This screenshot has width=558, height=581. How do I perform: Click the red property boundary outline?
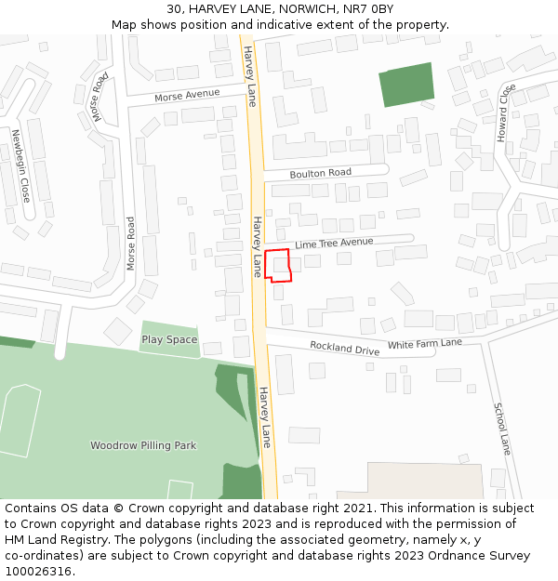[x=278, y=265]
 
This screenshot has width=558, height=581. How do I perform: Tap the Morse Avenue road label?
[x=188, y=95]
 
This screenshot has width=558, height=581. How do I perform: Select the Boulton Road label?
[x=320, y=173]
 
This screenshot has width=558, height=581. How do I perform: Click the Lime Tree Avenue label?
[x=334, y=244]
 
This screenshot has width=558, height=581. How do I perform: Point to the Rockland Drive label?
[x=344, y=349]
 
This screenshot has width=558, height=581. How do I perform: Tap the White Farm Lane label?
[x=424, y=344]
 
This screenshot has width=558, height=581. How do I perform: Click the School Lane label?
[x=502, y=429]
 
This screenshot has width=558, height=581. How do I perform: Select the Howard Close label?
[x=504, y=112]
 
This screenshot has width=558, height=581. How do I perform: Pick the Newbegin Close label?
[x=20, y=166]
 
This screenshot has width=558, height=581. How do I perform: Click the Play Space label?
[x=169, y=340]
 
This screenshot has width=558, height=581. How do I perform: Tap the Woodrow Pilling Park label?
[x=143, y=446]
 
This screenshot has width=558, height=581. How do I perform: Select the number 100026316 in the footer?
[x=38, y=571]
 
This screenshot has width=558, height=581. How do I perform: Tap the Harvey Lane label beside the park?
[x=265, y=416]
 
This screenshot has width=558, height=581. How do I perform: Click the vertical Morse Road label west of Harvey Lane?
[x=131, y=244]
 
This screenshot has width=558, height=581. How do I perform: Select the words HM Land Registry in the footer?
[x=55, y=540]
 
